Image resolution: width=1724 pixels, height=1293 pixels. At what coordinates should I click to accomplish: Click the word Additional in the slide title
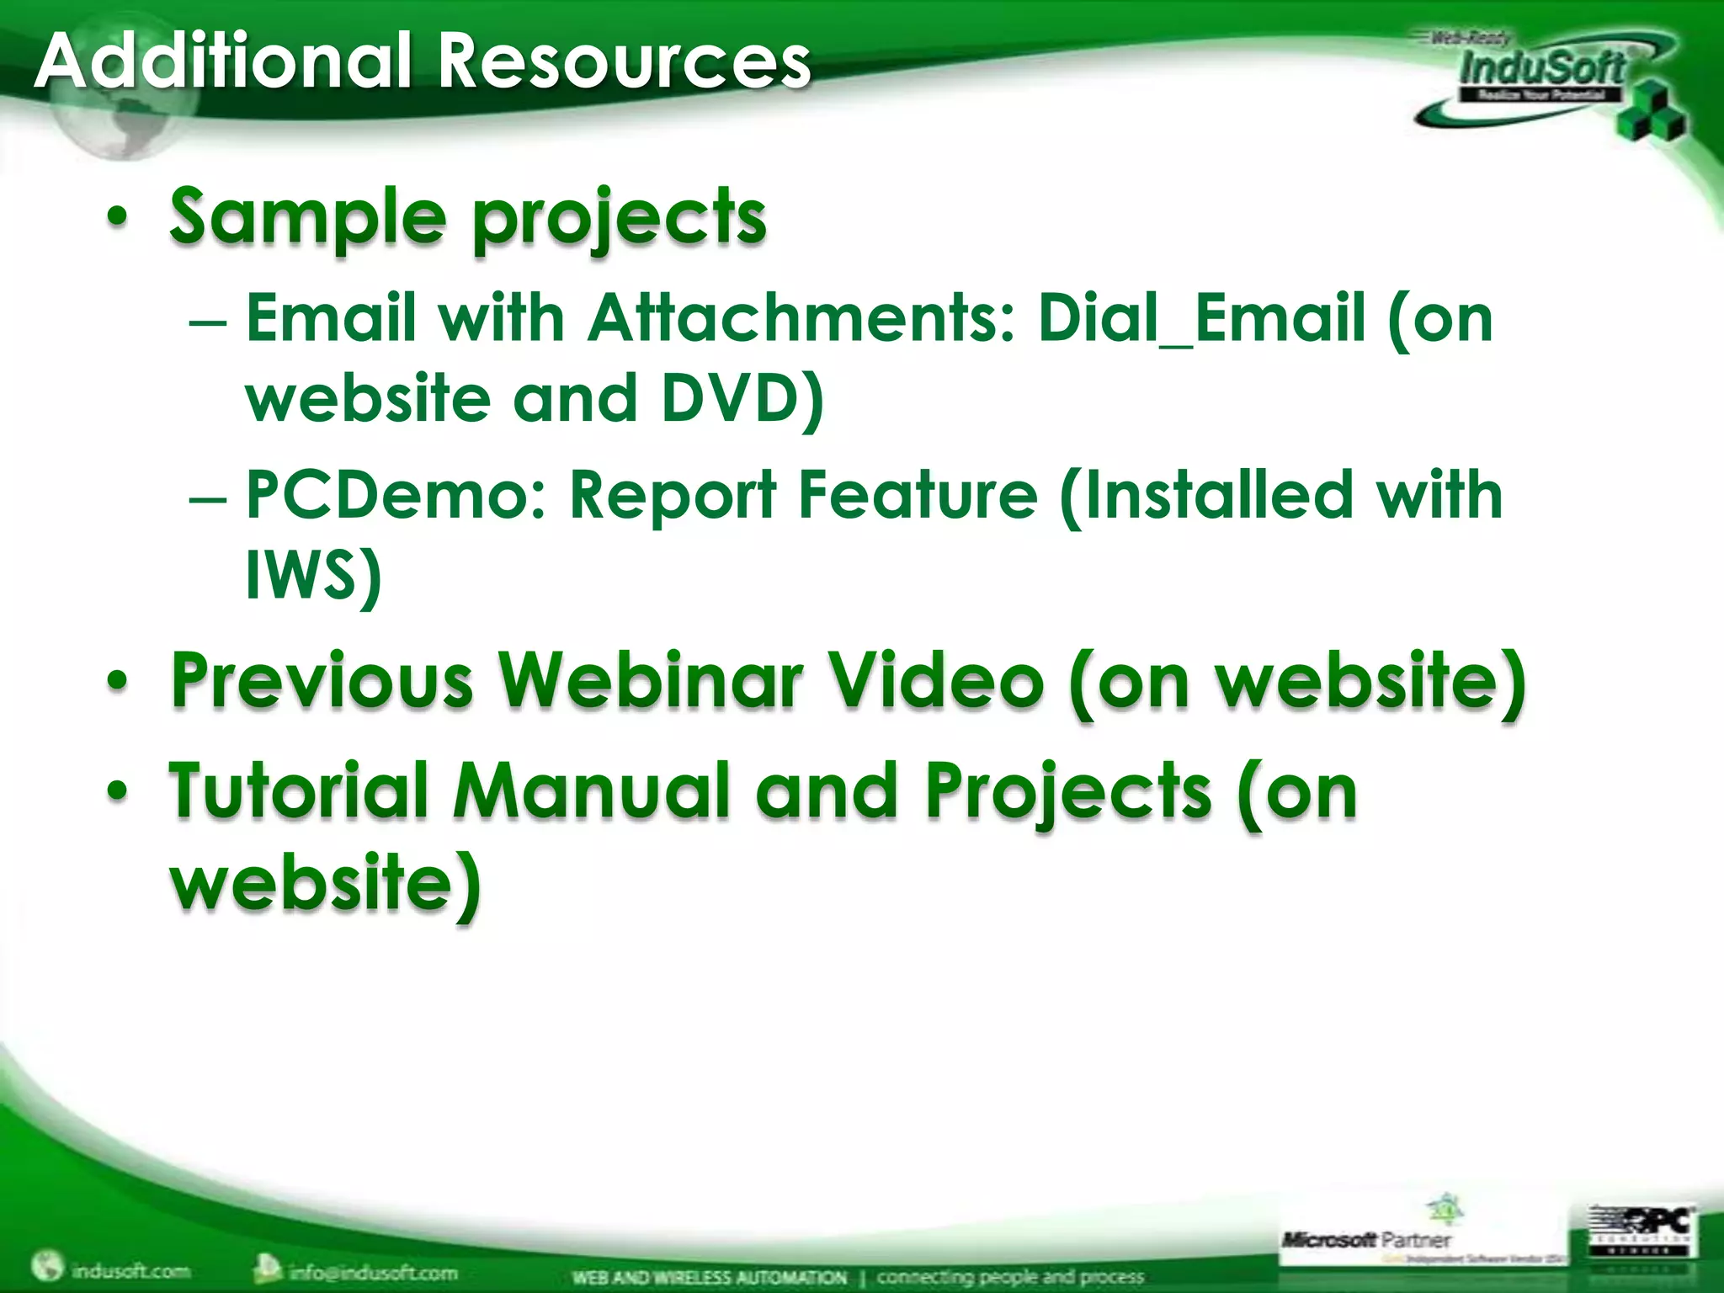223,61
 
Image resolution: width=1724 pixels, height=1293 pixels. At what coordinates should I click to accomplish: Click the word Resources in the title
625,61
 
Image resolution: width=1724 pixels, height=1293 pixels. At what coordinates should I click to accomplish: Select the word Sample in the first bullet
307,216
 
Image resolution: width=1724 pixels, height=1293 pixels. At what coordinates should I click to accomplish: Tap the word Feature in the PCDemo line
918,495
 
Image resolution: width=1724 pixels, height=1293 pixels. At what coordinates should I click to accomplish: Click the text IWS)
313,576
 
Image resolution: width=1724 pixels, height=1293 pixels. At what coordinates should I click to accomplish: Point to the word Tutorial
300,790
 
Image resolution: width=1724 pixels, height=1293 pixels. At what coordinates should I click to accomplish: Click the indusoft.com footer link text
130,1269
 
